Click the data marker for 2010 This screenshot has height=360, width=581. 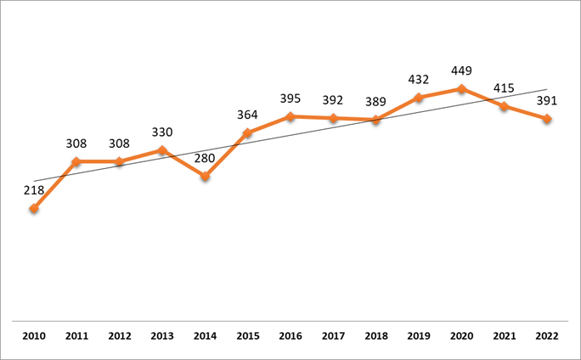[x=34, y=208]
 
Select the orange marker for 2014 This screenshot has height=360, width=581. [x=205, y=177]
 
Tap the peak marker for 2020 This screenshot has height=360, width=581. [x=461, y=88]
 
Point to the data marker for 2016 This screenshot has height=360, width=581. [x=290, y=116]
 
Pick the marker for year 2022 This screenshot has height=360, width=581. [x=547, y=119]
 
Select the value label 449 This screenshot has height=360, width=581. [x=461, y=70]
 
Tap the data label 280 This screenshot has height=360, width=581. [x=205, y=158]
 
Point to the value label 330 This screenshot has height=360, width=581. [x=162, y=132]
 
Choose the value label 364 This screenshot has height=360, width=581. [x=248, y=115]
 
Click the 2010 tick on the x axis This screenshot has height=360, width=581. [x=34, y=337]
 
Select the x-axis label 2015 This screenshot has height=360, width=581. [x=248, y=337]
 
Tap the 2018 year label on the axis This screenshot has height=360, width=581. [x=376, y=337]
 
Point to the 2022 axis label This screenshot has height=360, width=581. [x=547, y=337]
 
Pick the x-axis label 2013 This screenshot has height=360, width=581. [x=162, y=337]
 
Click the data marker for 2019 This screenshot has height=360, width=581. [x=419, y=98]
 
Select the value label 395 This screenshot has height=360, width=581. [x=290, y=98]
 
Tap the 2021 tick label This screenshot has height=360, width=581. [x=505, y=337]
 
